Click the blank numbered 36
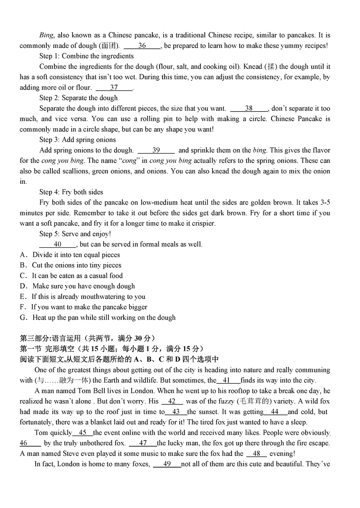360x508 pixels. tap(142, 46)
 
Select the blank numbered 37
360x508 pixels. tap(114, 88)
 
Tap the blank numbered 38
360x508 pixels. tap(249, 108)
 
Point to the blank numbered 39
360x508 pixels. tap(156, 150)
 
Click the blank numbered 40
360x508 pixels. tap(58, 244)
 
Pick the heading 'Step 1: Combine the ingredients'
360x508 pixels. tap(86, 56)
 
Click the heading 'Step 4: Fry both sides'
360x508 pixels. tap(71, 192)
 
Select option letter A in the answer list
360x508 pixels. tap(23, 255)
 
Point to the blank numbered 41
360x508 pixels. tap(226, 381)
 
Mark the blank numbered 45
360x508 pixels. tap(83, 432)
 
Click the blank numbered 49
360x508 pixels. tap(167, 464)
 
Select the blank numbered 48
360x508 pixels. tap(257, 454)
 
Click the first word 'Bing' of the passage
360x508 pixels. tap(46, 36)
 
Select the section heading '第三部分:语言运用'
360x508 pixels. tap(50, 338)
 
